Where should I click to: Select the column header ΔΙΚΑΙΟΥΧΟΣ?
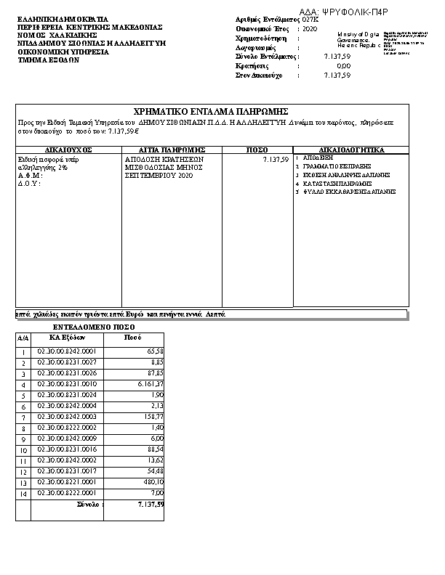pos(68,150)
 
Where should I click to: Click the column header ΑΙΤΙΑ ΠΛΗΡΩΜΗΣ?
pos(172,150)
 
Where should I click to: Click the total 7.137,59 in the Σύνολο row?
pos(151,504)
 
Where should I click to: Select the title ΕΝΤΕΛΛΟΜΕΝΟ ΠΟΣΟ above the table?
pos(89,327)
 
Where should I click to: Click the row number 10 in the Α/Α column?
pos(23,449)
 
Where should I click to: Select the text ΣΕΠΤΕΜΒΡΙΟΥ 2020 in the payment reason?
pos(159,176)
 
